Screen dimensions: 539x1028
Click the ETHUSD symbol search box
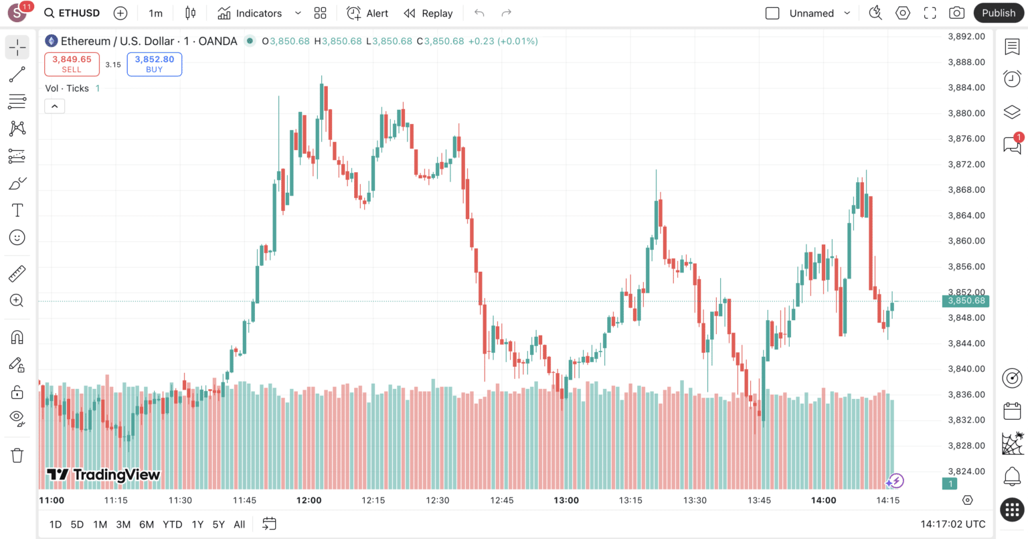(72, 13)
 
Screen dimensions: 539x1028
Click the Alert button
(367, 13)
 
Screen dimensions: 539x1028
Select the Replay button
(428, 13)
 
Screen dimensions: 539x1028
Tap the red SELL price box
(72, 64)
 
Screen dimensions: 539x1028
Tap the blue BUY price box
(154, 64)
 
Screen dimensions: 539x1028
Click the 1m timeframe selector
(155, 13)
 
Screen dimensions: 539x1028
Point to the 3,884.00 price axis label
(966, 88)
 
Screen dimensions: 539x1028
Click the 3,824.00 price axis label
(966, 471)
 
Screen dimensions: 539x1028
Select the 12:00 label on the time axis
(309, 500)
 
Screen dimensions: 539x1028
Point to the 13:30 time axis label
(695, 500)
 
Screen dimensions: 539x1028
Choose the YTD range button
(173, 524)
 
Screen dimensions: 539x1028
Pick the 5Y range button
(218, 524)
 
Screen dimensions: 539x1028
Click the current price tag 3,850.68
(966, 301)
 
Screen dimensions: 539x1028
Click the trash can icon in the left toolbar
(17, 455)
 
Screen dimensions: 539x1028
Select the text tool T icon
(17, 210)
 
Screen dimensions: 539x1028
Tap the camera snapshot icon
(956, 13)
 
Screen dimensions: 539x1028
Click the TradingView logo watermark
(103, 475)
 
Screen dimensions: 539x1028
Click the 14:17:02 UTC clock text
(952, 524)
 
